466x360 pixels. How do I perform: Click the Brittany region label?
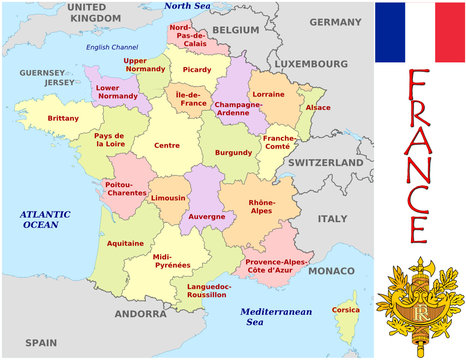(x=62, y=118)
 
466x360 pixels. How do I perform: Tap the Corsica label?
(x=345, y=310)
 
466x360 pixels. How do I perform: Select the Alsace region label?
(x=317, y=107)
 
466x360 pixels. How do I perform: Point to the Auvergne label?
(x=207, y=216)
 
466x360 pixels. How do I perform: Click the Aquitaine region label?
(x=124, y=243)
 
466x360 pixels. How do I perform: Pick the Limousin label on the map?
(x=167, y=198)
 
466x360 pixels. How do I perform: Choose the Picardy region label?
(x=197, y=69)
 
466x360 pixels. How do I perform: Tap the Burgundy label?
(x=233, y=153)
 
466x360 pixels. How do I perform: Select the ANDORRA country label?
(x=139, y=313)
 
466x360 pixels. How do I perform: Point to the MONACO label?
(x=330, y=271)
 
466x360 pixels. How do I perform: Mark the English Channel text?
(x=111, y=47)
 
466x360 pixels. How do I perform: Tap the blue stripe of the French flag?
(x=391, y=32)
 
